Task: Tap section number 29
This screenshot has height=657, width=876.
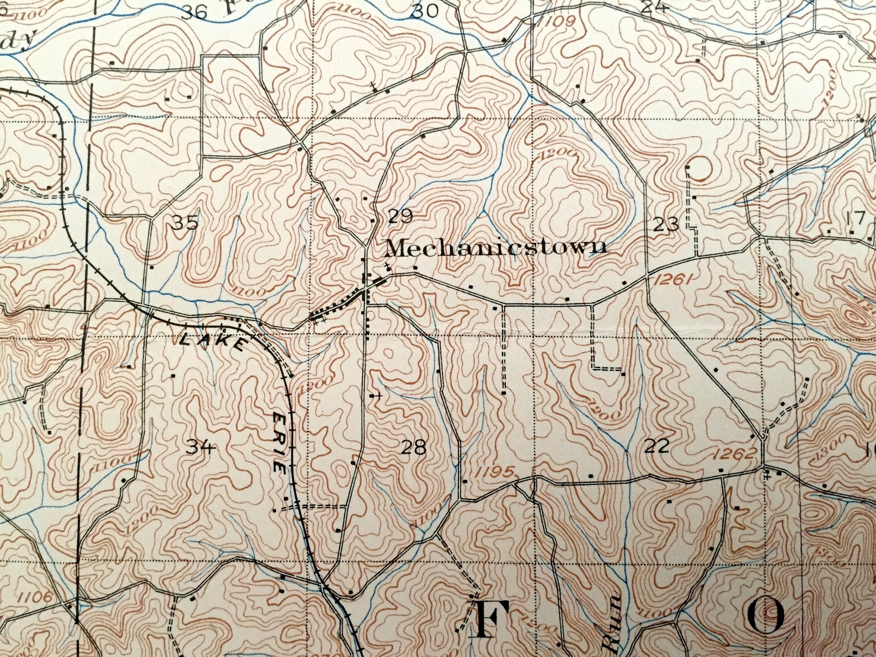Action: [x=400, y=216]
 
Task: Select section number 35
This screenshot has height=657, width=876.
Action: [x=184, y=223]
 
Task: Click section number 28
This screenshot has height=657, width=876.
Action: [x=414, y=447]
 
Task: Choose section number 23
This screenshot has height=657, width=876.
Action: [x=666, y=225]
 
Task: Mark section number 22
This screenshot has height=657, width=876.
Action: [x=656, y=445]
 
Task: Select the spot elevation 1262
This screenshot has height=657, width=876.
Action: [x=733, y=453]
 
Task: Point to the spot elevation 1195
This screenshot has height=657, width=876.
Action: [x=494, y=472]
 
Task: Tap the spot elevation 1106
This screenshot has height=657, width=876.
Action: [x=35, y=596]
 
